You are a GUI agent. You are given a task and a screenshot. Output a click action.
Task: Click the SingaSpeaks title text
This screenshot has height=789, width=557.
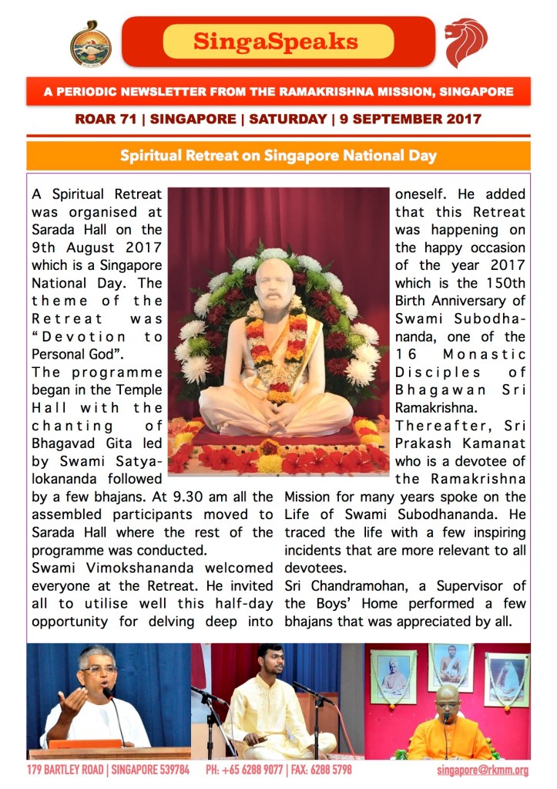click(275, 41)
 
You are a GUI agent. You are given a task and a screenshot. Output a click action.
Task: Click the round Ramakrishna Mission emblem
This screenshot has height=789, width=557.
click(90, 43)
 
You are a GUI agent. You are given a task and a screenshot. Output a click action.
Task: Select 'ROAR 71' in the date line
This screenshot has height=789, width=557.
click(106, 120)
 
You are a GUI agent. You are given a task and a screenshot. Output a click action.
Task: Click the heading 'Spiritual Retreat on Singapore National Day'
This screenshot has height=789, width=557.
click(278, 156)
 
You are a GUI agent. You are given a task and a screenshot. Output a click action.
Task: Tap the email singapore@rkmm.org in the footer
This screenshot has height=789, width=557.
click(482, 770)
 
